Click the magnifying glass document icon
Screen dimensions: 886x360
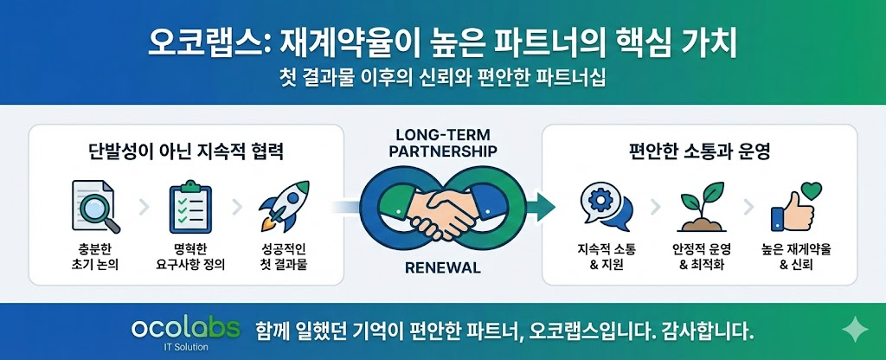click(95, 206)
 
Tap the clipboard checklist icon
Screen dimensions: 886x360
click(190, 206)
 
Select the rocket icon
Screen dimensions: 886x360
click(284, 206)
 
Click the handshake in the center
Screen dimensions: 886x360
click(443, 209)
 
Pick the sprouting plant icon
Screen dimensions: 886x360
click(701, 207)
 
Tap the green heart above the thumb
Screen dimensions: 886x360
click(811, 190)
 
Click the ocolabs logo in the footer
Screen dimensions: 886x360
click(185, 328)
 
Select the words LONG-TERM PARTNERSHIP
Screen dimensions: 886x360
click(443, 143)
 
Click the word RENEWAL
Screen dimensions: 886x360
click(443, 267)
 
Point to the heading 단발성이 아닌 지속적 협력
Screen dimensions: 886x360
click(186, 152)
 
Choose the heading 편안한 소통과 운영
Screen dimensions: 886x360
click(700, 152)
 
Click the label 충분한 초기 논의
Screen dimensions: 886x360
click(95, 256)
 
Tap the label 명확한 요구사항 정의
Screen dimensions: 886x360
click(190, 256)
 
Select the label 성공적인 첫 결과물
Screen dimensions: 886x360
click(284, 256)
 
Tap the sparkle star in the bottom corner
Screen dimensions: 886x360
click(854, 329)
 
